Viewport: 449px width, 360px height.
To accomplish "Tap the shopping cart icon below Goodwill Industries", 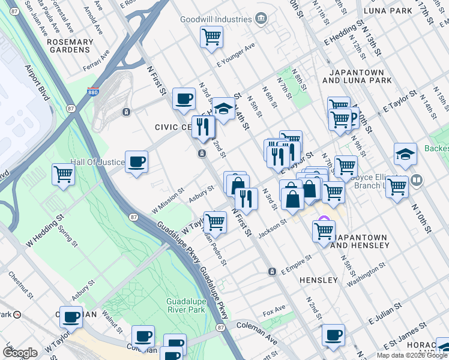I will pos(211,37).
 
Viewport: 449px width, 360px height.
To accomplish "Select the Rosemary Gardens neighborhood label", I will pos(70,46).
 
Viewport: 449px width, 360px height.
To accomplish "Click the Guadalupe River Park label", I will pos(186,305).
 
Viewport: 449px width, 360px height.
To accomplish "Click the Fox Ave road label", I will pos(274,314).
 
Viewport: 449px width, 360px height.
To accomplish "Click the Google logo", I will pos(20,352).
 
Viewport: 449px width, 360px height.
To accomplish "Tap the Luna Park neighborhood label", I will pos(392,11).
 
